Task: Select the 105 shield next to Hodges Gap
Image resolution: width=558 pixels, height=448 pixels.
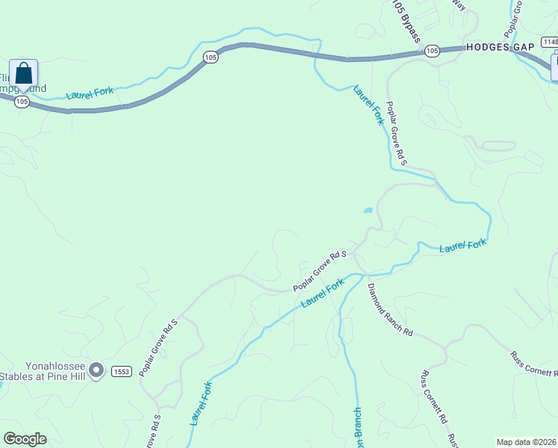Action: [432, 51]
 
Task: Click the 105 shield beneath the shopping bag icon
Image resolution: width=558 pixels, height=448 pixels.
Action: [22, 102]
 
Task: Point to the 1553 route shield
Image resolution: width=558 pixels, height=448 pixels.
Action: [122, 371]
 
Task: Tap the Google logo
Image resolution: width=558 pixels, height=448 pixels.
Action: [25, 439]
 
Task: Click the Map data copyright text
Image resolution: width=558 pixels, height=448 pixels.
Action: [527, 441]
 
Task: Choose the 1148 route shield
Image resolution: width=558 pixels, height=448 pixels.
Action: [550, 41]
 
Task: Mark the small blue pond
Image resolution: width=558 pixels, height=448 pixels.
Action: [368, 211]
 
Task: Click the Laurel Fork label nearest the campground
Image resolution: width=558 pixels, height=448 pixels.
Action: [90, 93]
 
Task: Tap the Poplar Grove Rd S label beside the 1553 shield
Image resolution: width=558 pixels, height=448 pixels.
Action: [158, 347]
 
